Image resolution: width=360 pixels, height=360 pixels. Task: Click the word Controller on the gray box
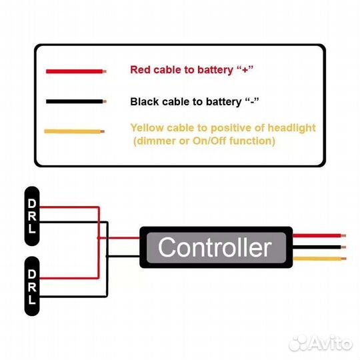point(215,247)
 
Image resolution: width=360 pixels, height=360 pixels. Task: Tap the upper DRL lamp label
point(32,216)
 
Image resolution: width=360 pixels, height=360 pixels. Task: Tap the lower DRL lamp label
point(32,286)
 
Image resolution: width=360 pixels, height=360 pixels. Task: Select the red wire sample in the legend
point(76,71)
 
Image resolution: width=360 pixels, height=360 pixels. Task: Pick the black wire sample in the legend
point(76,101)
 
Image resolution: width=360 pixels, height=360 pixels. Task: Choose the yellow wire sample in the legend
point(75,131)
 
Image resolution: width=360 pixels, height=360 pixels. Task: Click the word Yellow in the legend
point(147,128)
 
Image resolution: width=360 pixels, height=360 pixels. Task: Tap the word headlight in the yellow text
point(291,128)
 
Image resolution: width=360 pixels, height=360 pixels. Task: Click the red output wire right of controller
point(319,235)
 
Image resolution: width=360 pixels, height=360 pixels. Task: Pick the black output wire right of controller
point(319,247)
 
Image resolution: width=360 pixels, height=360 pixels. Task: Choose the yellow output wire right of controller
point(319,259)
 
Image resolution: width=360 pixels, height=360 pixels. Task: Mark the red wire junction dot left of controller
point(99,238)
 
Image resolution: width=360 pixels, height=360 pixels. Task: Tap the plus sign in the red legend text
point(245,69)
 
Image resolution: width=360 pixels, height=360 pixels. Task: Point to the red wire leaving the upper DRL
point(69,207)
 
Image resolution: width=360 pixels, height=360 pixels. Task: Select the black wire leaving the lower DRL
point(73,297)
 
